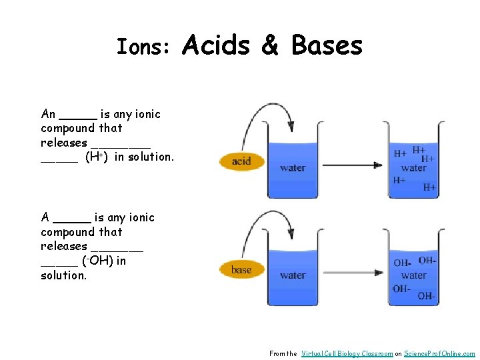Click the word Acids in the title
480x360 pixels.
(215, 45)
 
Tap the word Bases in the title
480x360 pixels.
(327, 45)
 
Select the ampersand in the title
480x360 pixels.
(270, 46)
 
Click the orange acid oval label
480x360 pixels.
(241, 161)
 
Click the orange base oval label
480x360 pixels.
(241, 270)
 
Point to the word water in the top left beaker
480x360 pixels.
(293, 168)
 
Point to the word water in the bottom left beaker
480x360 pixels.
(293, 275)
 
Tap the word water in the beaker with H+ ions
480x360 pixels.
(413, 168)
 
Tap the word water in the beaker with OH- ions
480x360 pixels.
(413, 275)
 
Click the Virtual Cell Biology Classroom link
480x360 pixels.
(347, 353)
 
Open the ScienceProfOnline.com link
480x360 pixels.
(439, 353)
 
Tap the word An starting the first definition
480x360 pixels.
(48, 114)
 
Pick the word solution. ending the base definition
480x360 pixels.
(63, 275)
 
